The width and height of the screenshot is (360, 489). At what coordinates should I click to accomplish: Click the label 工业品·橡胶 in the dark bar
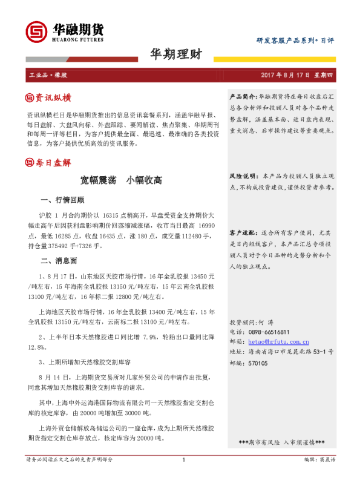pyautogui.click(x=47, y=76)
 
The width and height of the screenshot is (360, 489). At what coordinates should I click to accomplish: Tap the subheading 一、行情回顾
pyautogui.click(x=61, y=199)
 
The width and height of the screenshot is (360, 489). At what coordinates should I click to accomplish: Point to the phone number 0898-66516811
pyautogui.click(x=269, y=332)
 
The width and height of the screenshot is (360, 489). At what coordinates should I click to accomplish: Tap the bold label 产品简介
pyautogui.click(x=243, y=97)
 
